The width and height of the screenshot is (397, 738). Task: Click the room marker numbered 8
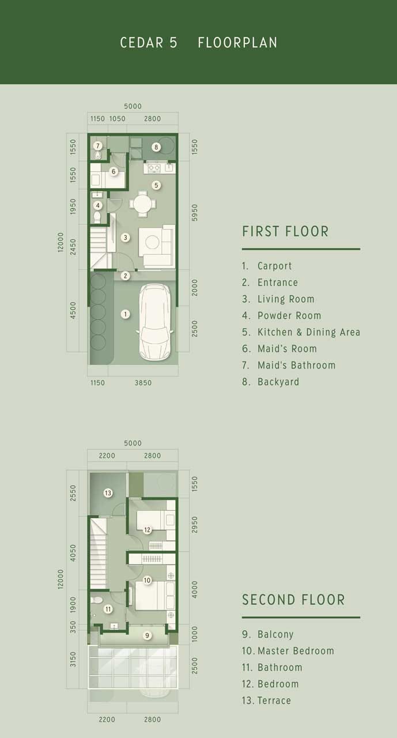pyautogui.click(x=156, y=147)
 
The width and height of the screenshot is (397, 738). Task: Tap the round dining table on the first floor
pyautogui.click(x=142, y=204)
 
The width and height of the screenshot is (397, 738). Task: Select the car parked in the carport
pyautogui.click(x=154, y=322)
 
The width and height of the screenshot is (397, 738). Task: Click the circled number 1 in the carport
pyautogui.click(x=125, y=314)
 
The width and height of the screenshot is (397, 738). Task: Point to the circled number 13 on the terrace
pyautogui.click(x=108, y=493)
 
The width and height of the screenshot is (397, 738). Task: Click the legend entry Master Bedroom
pyautogui.click(x=288, y=651)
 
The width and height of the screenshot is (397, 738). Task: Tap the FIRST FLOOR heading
pyautogui.click(x=285, y=231)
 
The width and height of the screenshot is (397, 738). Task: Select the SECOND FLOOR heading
pyautogui.click(x=293, y=600)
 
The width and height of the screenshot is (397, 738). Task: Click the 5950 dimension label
pyautogui.click(x=195, y=213)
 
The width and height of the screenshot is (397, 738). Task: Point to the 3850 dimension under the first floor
pyautogui.click(x=143, y=382)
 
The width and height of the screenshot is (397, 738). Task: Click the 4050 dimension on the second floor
pyautogui.click(x=73, y=553)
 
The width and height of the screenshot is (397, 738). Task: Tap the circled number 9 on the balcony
pyautogui.click(x=147, y=635)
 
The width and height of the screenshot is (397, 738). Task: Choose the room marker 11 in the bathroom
pyautogui.click(x=108, y=609)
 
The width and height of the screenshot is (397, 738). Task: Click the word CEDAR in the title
pyautogui.click(x=142, y=43)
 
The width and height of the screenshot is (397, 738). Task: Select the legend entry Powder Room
pyautogui.click(x=281, y=315)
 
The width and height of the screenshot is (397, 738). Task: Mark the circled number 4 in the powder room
pyautogui.click(x=97, y=206)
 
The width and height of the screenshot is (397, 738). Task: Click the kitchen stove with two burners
pyautogui.click(x=154, y=168)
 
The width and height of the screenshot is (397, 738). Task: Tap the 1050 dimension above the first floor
pyautogui.click(x=117, y=119)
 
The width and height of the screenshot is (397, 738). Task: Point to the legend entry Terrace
pyautogui.click(x=266, y=700)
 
